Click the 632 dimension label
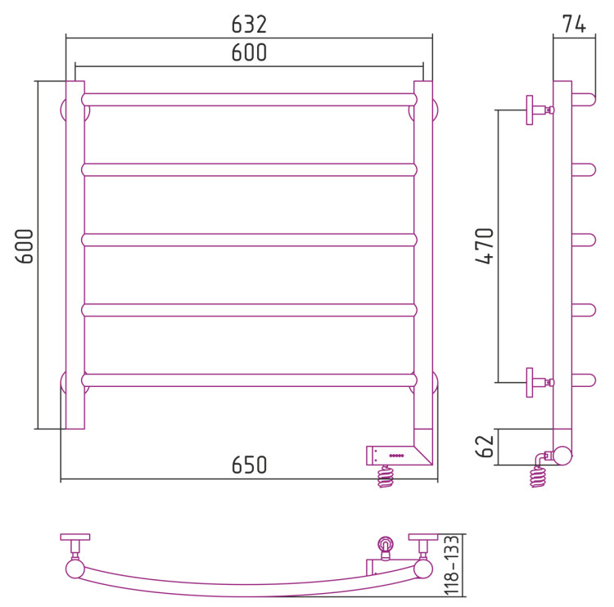249,25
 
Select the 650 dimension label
249,465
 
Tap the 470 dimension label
485,245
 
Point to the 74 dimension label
574,25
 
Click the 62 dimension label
485,447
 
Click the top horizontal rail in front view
249,99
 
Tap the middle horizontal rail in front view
249,239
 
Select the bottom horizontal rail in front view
249,380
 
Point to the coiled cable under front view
385,476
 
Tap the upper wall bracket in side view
536,110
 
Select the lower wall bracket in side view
536,381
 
